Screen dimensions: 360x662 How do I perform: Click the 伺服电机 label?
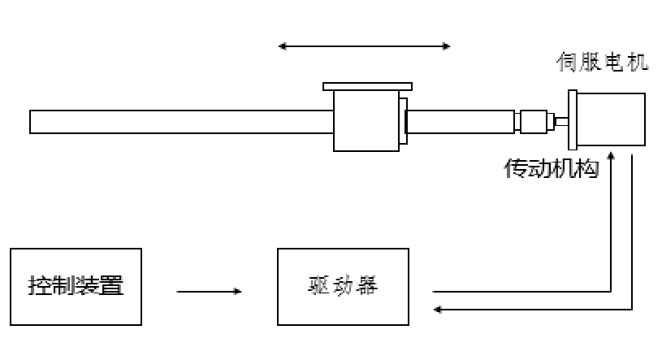pyautogui.click(x=602, y=62)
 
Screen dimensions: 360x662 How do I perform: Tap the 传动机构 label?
pyautogui.click(x=552, y=168)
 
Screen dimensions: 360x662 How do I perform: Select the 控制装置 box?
pyautogui.click(x=76, y=287)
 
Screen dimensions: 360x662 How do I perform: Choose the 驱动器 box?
pyautogui.click(x=343, y=287)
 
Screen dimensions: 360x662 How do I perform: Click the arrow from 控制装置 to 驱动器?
pyautogui.click(x=209, y=291)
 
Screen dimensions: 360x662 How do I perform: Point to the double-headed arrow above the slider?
pyautogui.click(x=364, y=46)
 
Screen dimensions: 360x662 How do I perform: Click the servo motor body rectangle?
pyautogui.click(x=612, y=120)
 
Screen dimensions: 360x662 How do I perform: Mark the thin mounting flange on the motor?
pyautogui.click(x=572, y=119)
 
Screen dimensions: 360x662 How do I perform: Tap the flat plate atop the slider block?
pyautogui.click(x=367, y=86)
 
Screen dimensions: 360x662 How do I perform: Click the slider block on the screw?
pyautogui.click(x=366, y=120)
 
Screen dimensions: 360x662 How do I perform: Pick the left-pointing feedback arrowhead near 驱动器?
pyautogui.click(x=439, y=309)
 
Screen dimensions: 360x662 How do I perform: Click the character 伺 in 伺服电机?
pyautogui.click(x=567, y=62)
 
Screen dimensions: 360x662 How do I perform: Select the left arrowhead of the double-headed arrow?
pyautogui.click(x=283, y=46)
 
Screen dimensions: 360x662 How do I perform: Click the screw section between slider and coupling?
pyautogui.click(x=460, y=122)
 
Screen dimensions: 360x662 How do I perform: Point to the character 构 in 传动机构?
pyautogui.click(x=587, y=168)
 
